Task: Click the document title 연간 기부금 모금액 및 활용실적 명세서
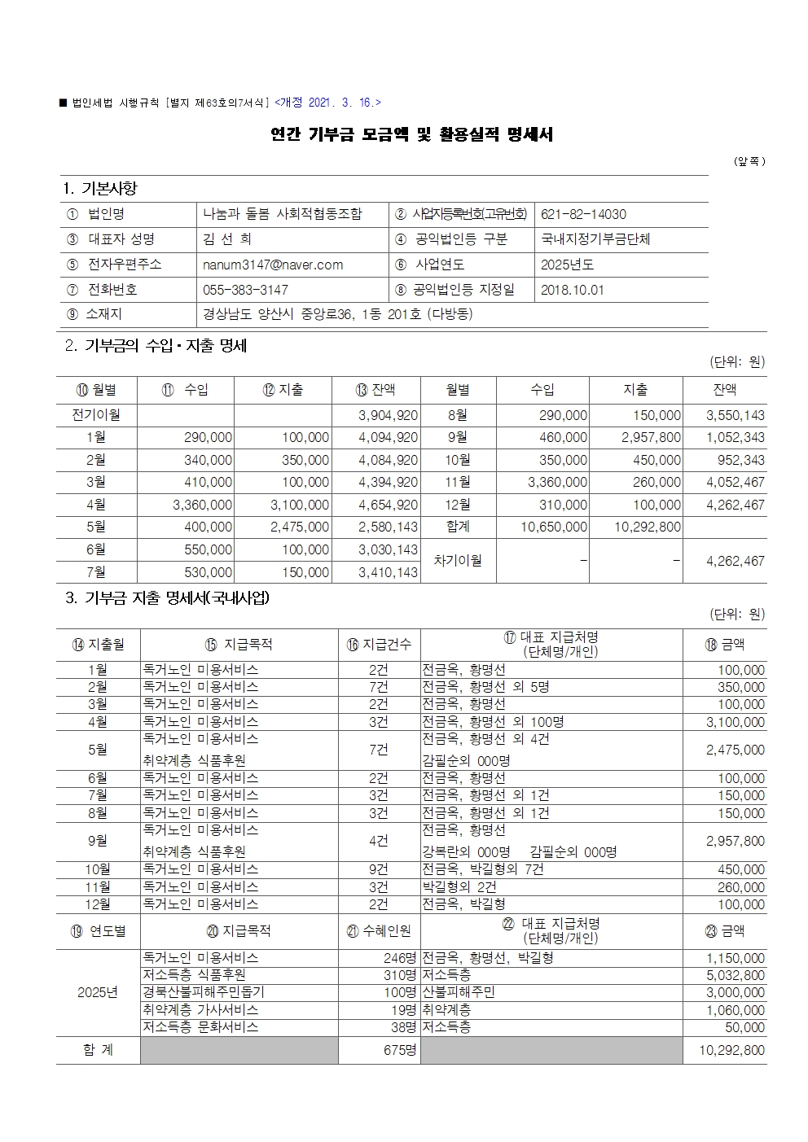pos(411,134)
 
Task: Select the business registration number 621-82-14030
pos(583,215)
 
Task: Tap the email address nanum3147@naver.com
pos(273,265)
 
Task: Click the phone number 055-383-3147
pos(245,290)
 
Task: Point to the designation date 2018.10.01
pos(572,290)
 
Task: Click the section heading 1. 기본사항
pos(99,188)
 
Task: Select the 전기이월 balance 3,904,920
pos(389,415)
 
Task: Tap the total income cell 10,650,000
pos(554,527)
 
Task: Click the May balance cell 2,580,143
pos(389,527)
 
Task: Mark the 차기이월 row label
pos(457,561)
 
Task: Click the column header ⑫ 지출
pos(283,390)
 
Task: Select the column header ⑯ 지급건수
pos(379,645)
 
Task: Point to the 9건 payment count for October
pos(379,869)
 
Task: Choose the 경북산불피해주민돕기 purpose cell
pos(204,992)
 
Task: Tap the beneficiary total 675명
pos(400,1050)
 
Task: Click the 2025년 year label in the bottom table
pos(98,992)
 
